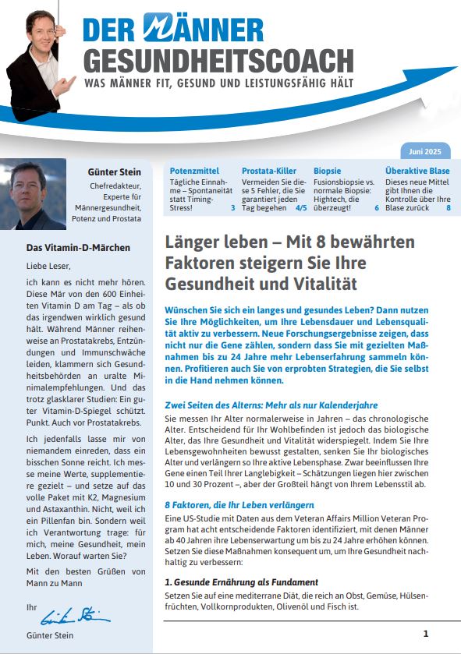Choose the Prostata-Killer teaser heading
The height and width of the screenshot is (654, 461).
click(x=269, y=170)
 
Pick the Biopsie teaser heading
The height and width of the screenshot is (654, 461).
click(x=328, y=170)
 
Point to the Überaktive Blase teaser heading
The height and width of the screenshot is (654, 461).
click(x=417, y=170)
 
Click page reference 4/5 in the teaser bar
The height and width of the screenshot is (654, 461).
click(x=300, y=207)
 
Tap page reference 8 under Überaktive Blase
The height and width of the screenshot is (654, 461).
click(x=448, y=207)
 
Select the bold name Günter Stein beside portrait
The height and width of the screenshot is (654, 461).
click(x=115, y=171)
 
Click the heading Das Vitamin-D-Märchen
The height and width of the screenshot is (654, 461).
click(x=79, y=248)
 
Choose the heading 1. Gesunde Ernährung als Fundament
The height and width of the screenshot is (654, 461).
click(x=241, y=582)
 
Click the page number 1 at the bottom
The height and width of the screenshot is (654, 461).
click(x=425, y=634)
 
